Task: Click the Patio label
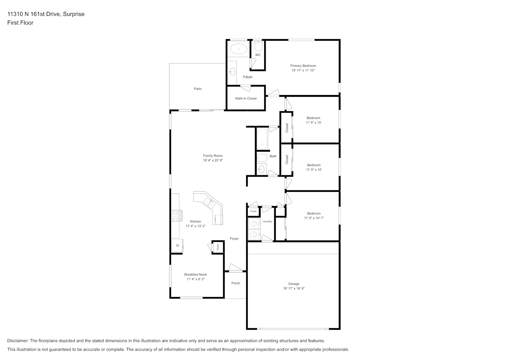pos(198,89)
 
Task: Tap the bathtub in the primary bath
pos(239,49)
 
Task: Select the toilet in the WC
pos(258,46)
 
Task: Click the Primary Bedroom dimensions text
pos(303,71)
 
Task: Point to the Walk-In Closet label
pos(246,98)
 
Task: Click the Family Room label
pos(213,156)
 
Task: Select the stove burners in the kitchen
pos(176,216)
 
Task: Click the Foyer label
pos(234,239)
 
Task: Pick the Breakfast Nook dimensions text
pos(196,279)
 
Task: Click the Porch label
pos(236,283)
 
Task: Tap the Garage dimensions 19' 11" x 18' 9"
pos(294,288)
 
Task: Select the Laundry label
pos(267,221)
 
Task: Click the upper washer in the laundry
pos(254,224)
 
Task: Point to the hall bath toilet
pos(262,158)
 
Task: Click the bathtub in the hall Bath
pos(262,139)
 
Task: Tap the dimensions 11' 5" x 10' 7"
pos(314,218)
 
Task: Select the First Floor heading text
pos(20,23)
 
